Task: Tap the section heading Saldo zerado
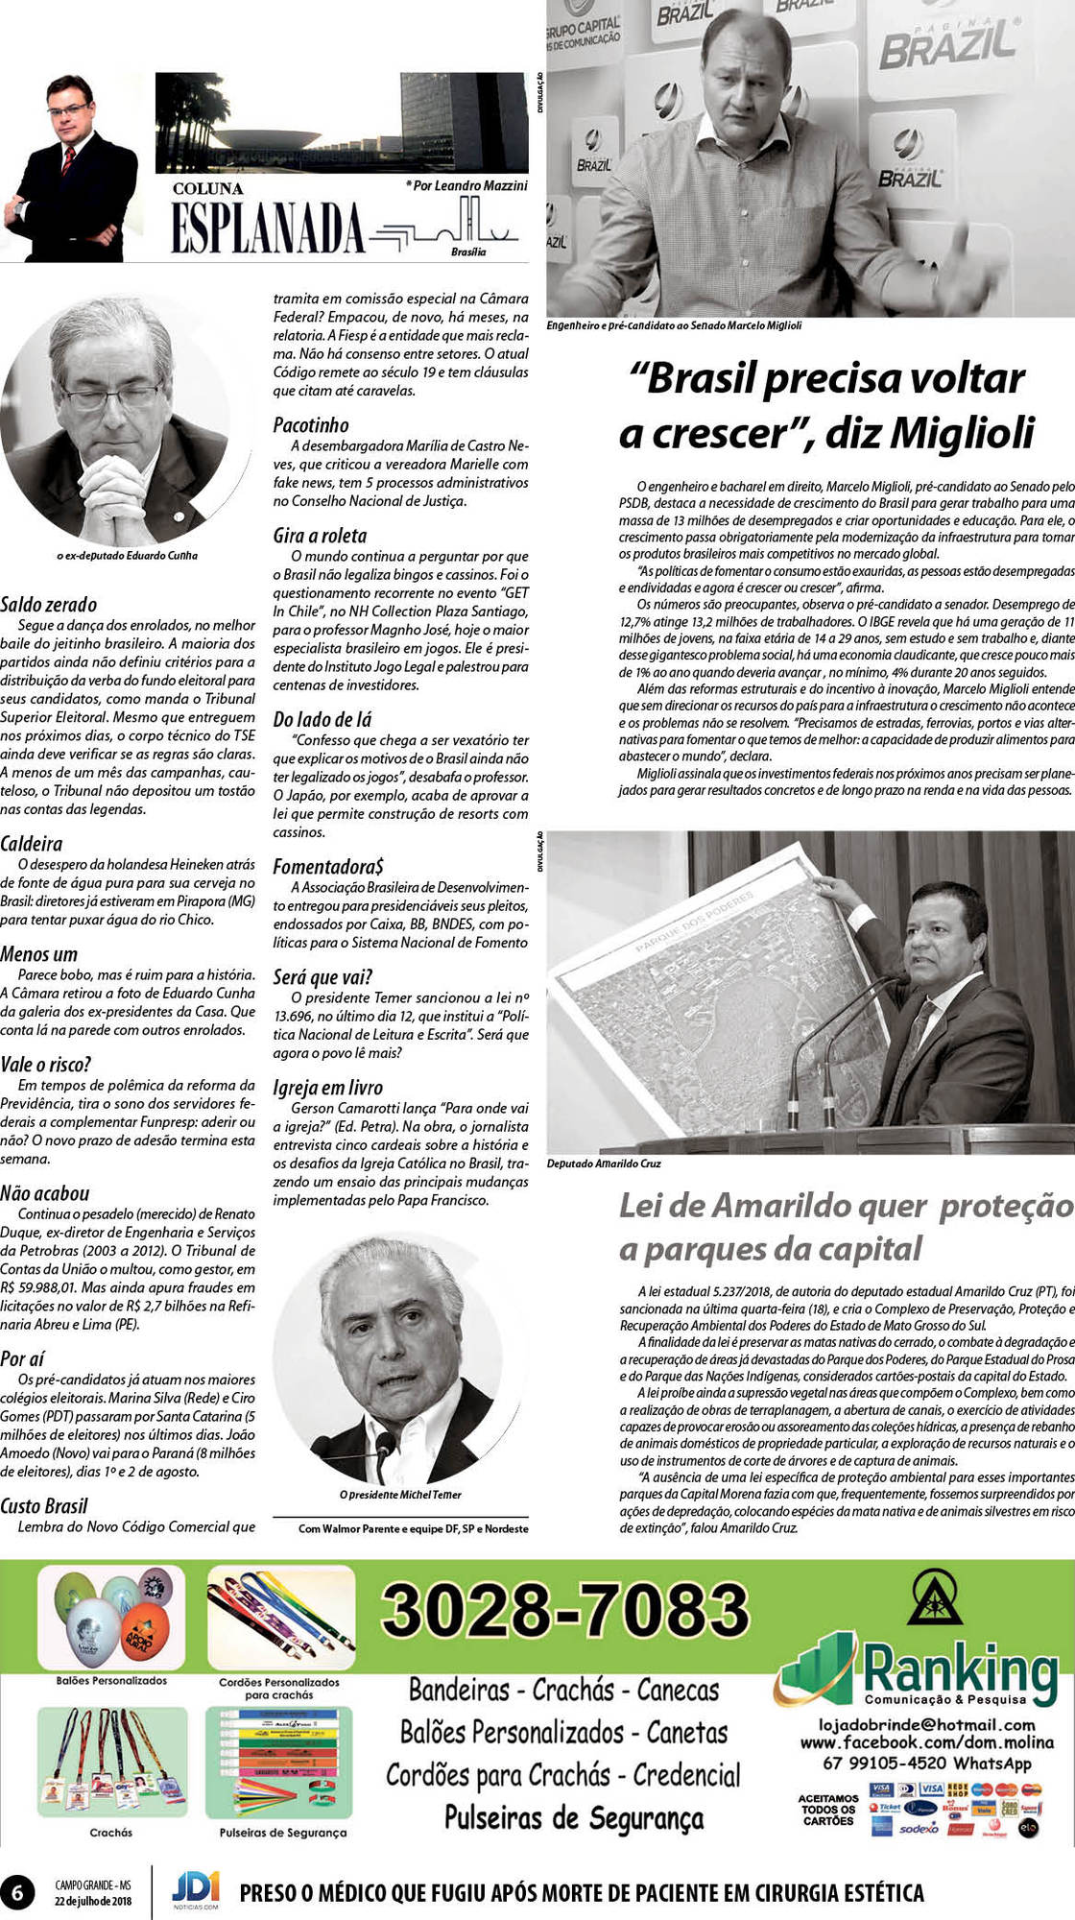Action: pyautogui.click(x=49, y=605)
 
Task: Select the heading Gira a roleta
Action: pyautogui.click(x=320, y=536)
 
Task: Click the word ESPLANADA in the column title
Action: pyautogui.click(x=268, y=228)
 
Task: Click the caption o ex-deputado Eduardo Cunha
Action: pyautogui.click(x=128, y=555)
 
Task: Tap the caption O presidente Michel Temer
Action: pyautogui.click(x=400, y=1495)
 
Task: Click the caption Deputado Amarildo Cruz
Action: pyautogui.click(x=604, y=1164)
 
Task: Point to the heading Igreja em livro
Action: pyautogui.click(x=327, y=1088)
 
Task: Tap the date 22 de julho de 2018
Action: pyautogui.click(x=93, y=1901)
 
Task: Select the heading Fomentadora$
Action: pyautogui.click(x=328, y=867)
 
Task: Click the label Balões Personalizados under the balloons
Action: pyautogui.click(x=111, y=1680)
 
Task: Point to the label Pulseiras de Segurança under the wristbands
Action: pyautogui.click(x=282, y=1833)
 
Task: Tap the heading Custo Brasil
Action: pyautogui.click(x=44, y=1505)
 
